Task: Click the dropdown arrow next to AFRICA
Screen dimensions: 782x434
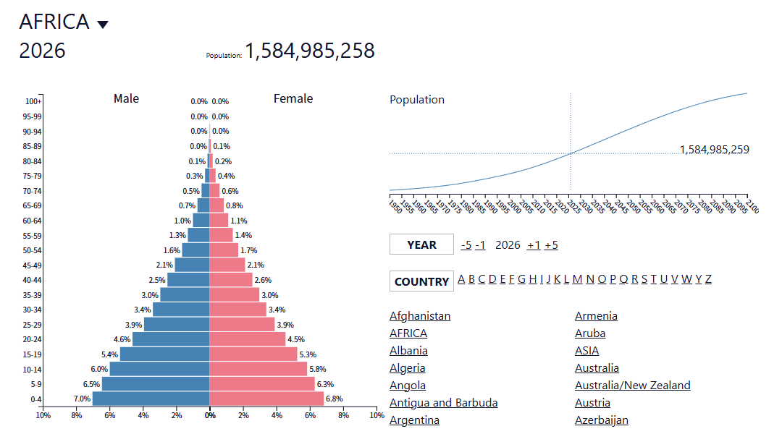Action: coord(103,25)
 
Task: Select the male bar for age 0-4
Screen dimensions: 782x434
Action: coord(151,399)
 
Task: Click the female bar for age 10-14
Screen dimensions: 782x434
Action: coord(258,369)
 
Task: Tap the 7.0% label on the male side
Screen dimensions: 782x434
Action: coord(82,399)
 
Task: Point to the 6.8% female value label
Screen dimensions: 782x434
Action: coord(334,399)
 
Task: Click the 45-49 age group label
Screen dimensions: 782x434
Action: coord(32,265)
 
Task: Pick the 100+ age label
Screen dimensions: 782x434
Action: coord(33,101)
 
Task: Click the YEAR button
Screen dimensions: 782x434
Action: coord(421,244)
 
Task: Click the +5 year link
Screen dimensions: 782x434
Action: coord(551,245)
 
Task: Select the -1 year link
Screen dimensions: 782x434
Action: coord(480,245)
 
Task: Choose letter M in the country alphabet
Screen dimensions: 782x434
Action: coord(578,279)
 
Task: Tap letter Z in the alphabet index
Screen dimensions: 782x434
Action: coord(708,279)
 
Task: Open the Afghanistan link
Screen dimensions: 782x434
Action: coord(420,316)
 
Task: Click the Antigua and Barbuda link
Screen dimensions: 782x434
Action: coord(443,403)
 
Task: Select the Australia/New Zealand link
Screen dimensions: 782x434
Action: coord(632,385)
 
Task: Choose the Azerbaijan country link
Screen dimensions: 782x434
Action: coord(602,420)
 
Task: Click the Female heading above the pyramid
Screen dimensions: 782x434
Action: coord(293,98)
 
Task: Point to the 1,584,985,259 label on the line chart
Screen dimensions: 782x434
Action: coord(714,150)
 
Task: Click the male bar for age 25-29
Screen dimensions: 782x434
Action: coord(177,324)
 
